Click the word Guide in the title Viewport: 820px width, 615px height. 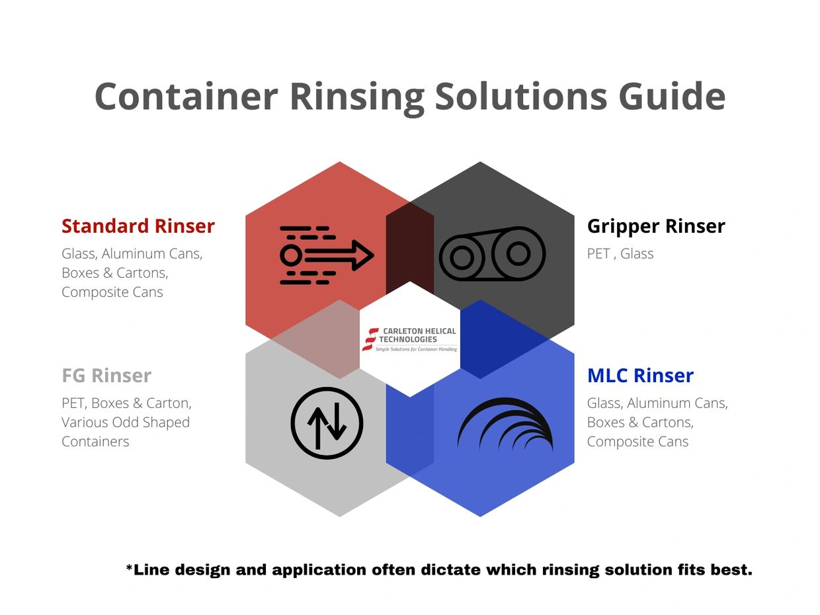[x=672, y=97]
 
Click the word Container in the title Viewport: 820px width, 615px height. [x=186, y=96]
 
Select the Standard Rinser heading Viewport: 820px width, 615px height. [x=138, y=226]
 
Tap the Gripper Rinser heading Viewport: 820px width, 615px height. [x=656, y=227]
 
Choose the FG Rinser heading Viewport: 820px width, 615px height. [x=106, y=375]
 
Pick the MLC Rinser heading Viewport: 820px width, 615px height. [x=640, y=375]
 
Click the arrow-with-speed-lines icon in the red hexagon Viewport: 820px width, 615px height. [x=327, y=255]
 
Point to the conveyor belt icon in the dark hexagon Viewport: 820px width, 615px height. [x=492, y=254]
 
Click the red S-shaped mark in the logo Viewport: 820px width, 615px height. [x=370, y=339]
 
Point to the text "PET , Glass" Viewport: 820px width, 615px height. [x=620, y=254]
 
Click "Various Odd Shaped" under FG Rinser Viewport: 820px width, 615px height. [x=126, y=423]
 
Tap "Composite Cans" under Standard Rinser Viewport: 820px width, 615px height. [x=112, y=292]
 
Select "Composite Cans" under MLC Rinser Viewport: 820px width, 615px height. [x=637, y=441]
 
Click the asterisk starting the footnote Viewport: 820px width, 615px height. [x=129, y=567]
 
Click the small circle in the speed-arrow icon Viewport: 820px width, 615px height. [x=291, y=255]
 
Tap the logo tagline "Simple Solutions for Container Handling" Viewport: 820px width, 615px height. [x=416, y=349]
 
